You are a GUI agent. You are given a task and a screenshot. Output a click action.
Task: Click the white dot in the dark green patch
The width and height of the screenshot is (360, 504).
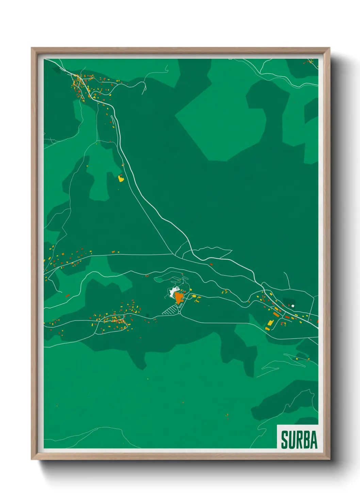tap(293, 306)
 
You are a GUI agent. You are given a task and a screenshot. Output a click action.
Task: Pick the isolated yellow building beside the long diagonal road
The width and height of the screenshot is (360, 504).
tap(120, 178)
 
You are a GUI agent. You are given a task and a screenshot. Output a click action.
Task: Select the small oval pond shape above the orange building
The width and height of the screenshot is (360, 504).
tap(158, 280)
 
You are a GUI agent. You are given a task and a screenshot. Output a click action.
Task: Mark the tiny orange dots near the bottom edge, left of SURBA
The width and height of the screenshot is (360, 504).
tap(227, 415)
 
